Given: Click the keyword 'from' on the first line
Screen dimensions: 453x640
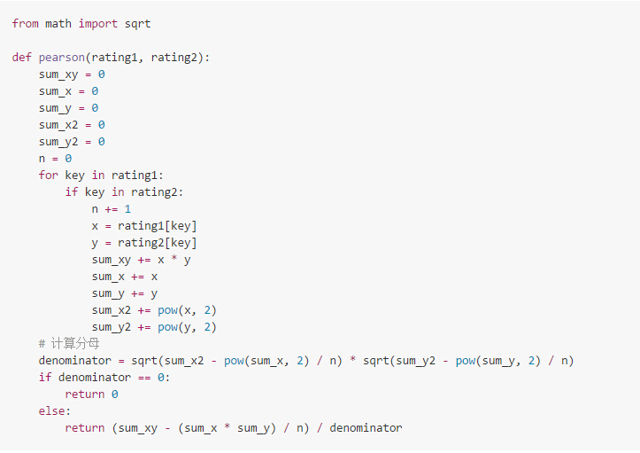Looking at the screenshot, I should (26, 23).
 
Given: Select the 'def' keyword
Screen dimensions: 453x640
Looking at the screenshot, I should (22, 57).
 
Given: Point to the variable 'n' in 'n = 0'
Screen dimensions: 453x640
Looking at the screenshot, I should (42, 159).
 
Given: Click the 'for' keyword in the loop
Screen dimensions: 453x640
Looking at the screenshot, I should (49, 176).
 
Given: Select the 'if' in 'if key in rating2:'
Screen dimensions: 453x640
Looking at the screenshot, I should (71, 192).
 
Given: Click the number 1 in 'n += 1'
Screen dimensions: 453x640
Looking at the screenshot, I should (127, 209).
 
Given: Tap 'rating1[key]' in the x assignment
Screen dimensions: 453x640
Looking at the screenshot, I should (158, 226).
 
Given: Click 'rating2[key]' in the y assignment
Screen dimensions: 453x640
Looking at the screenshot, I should (158, 243).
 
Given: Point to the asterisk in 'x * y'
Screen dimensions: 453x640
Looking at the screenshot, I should (174, 260).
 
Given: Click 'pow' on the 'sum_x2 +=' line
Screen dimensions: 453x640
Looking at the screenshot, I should (167, 310).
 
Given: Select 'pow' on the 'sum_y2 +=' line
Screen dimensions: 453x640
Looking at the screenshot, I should (167, 327).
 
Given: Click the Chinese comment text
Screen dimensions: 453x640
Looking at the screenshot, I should (75, 344).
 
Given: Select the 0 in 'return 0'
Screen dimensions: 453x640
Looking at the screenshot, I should (114, 394).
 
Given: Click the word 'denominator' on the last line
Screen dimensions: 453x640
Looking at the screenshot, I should (366, 428).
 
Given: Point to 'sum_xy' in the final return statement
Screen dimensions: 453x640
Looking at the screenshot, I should (137, 428).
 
